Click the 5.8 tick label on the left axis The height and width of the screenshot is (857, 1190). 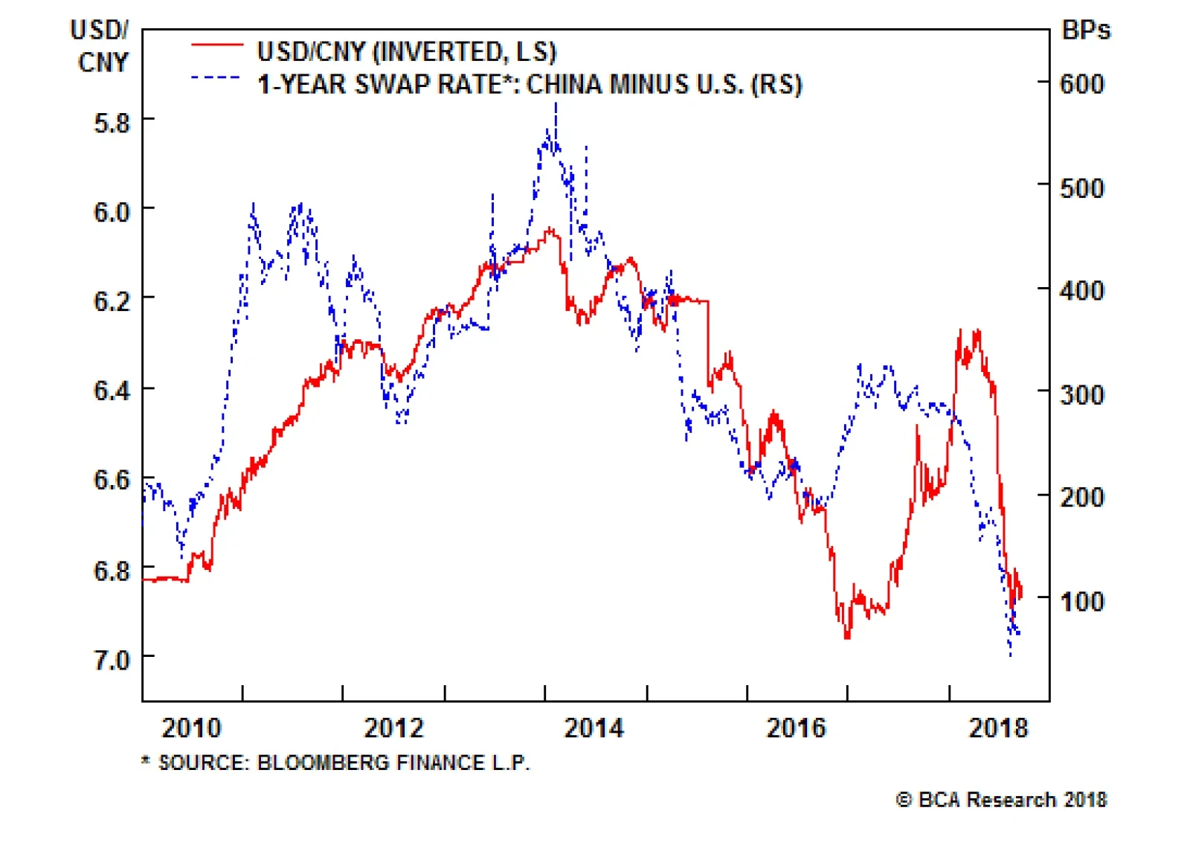point(112,123)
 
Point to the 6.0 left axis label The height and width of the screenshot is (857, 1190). point(112,212)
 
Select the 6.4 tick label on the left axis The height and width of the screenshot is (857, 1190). point(112,391)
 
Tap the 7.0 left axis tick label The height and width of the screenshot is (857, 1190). point(112,660)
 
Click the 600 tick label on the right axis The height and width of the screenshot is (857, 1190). point(1081,84)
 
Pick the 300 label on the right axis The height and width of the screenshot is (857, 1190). point(1081,394)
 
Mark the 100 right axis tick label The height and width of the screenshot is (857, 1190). point(1081,601)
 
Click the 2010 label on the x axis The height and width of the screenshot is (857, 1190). point(191,728)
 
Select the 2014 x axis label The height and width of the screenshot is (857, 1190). point(594,728)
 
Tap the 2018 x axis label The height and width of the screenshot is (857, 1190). point(997,728)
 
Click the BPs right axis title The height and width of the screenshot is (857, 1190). point(1086,31)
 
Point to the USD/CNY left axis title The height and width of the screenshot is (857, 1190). point(101,46)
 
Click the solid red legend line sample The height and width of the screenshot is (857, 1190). point(216,45)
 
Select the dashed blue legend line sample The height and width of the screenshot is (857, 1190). point(216,77)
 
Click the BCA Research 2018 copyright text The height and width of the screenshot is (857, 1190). point(1002,800)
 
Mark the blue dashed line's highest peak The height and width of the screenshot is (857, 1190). point(556,106)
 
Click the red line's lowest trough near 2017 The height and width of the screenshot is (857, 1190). point(846,637)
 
